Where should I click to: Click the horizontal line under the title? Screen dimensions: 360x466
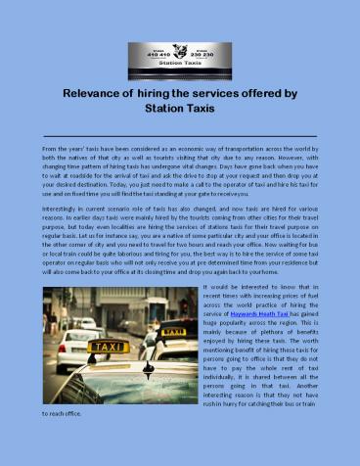point(180,129)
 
